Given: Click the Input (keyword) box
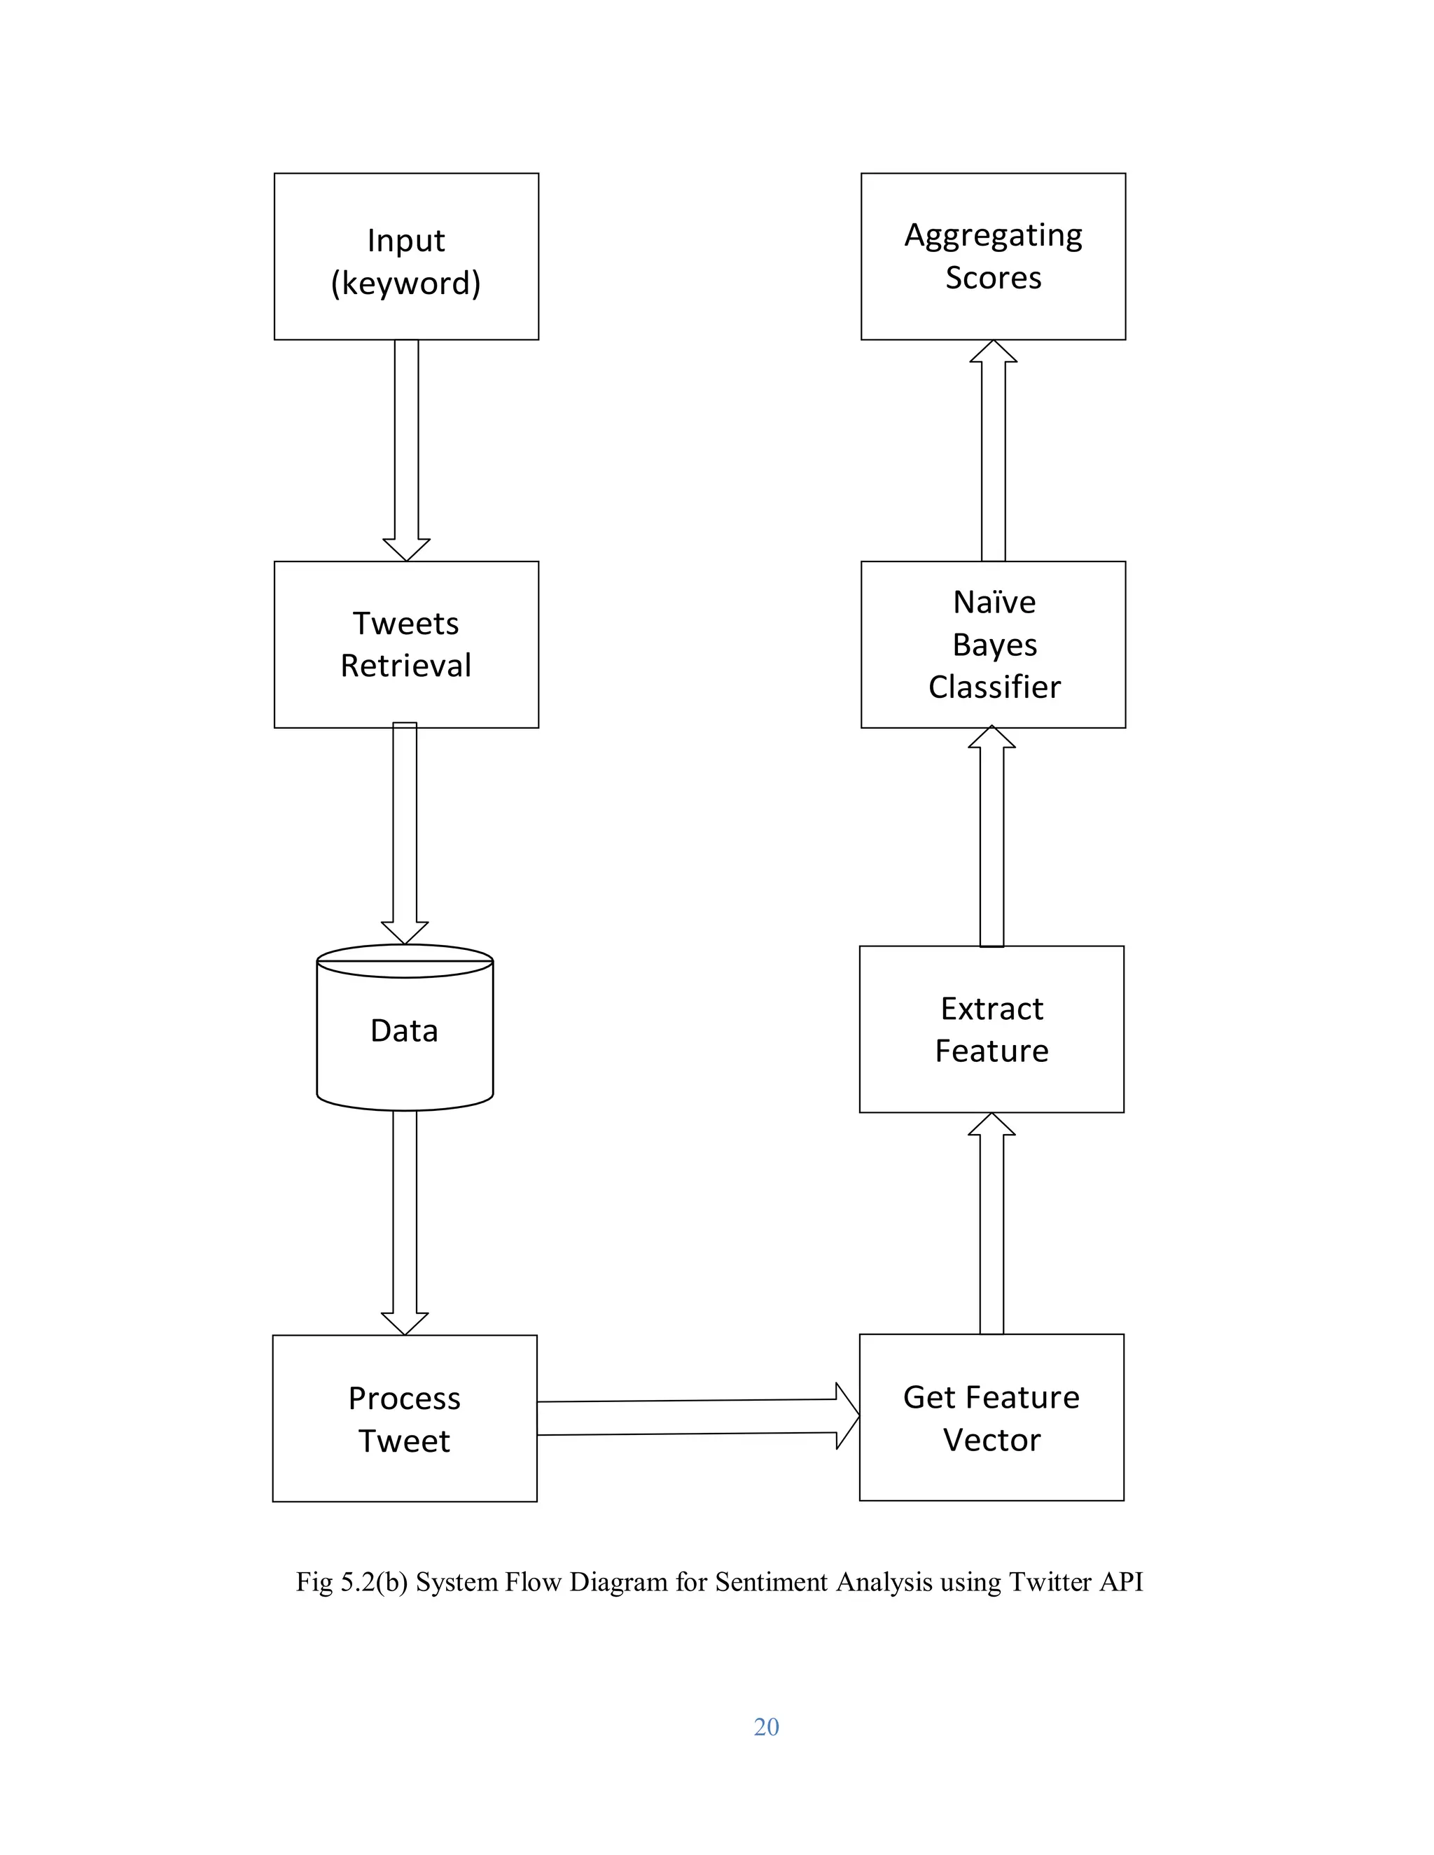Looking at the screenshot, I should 406,256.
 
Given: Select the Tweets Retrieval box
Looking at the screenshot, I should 406,644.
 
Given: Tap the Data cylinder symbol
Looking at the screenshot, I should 405,1030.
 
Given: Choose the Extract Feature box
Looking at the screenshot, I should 991,1030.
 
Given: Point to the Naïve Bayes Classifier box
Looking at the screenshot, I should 993,644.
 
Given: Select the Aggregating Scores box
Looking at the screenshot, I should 993,256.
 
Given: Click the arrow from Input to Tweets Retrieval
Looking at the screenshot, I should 406,450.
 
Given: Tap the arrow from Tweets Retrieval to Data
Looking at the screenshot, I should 405,832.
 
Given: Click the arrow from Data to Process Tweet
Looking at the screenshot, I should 405,1223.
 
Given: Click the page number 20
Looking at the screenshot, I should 766,1727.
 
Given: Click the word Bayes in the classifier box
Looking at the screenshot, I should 994,645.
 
